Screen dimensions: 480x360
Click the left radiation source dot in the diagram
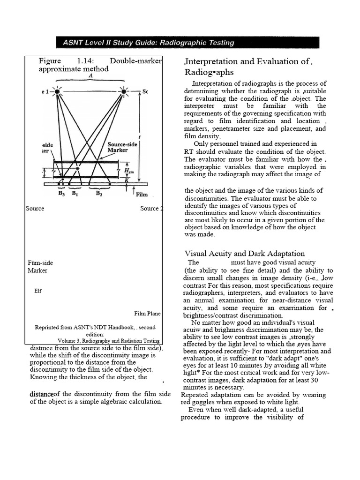(58, 92)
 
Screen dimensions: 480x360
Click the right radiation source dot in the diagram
(124, 92)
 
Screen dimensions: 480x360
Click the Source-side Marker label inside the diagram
(122, 147)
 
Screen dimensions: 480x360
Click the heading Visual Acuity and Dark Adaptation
(245, 254)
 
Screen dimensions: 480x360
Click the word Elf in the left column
(38, 291)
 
